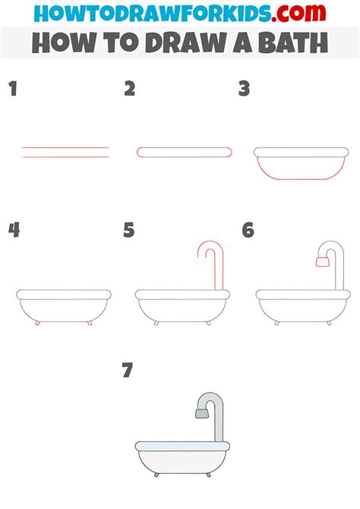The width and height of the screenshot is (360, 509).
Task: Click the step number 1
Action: coord(12,90)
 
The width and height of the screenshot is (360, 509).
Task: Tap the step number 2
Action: coord(130,90)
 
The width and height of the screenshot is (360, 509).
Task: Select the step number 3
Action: coord(244,90)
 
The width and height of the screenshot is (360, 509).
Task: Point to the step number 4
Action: coord(13,230)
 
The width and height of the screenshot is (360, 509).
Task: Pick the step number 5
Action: coord(129,230)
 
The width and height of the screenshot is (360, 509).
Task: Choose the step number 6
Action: coord(248,230)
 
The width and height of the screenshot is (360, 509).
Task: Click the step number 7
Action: coord(128,371)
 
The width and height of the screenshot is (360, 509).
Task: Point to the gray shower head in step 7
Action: coord(201,413)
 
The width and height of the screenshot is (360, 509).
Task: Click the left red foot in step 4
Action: coord(37,323)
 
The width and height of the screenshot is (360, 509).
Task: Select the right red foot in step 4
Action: coord(90,323)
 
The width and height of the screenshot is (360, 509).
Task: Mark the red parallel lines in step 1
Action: coord(65,152)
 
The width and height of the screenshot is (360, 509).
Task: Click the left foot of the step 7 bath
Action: coord(156,475)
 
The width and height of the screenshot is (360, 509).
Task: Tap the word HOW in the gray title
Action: coord(62,43)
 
